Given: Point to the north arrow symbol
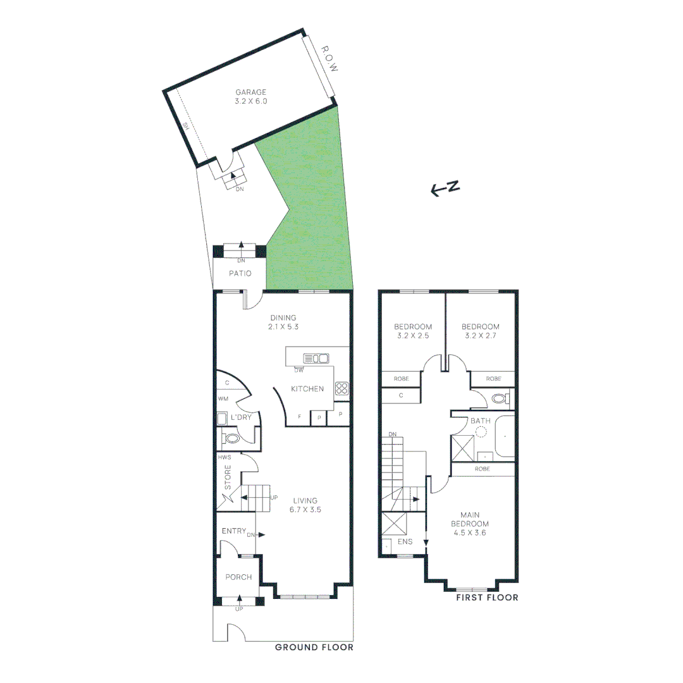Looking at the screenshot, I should point(445,188).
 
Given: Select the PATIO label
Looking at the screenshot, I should point(240,274).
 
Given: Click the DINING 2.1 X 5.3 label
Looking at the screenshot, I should point(283,323).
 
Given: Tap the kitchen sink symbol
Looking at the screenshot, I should point(316,358).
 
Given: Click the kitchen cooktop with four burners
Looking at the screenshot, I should point(341,388).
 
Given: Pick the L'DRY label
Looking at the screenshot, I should point(240,418).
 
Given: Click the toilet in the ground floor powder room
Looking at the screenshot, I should point(231,438).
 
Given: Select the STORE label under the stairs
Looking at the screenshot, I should point(228,477).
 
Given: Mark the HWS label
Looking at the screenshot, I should point(224,457).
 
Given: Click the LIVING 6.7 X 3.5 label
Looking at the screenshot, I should point(305,505).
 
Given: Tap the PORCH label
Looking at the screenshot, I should point(238,577).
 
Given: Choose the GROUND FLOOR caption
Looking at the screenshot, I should point(314,648).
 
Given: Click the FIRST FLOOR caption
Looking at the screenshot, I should point(487,597).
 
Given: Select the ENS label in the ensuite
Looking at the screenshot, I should point(405,542).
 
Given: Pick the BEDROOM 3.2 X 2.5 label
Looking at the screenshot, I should point(413,331).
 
